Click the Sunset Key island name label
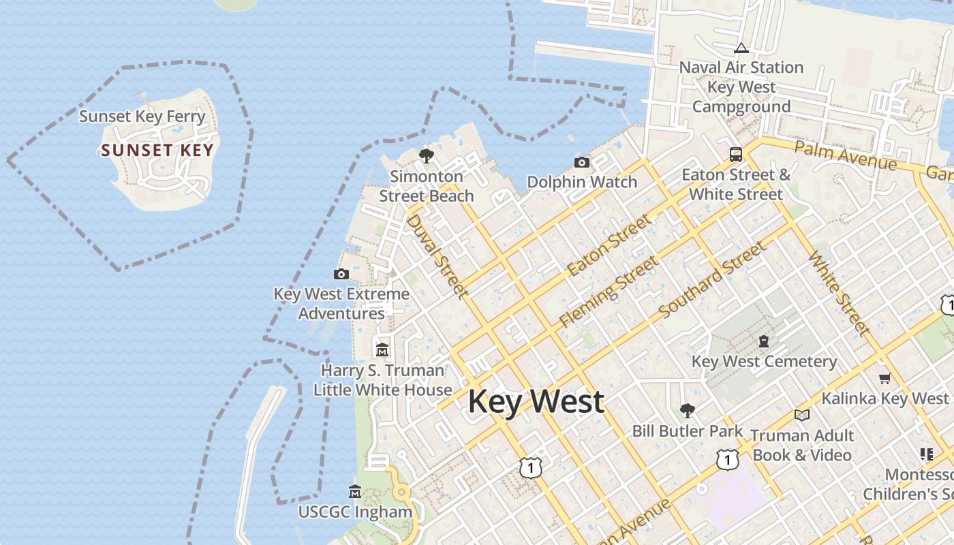pyautogui.click(x=157, y=151)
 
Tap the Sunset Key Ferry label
pyautogui.click(x=142, y=116)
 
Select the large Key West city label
pyautogui.click(x=536, y=401)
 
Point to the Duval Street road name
pyautogui.click(x=437, y=256)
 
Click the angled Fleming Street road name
pyautogui.click(x=609, y=292)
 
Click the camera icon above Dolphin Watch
pyautogui.click(x=581, y=162)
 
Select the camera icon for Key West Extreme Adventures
pyautogui.click(x=341, y=274)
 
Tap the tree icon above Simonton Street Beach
pyautogui.click(x=427, y=156)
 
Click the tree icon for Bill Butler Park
pyautogui.click(x=687, y=410)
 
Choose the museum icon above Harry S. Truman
pyautogui.click(x=382, y=350)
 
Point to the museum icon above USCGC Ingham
pyautogui.click(x=355, y=491)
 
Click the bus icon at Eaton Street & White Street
pyautogui.click(x=736, y=154)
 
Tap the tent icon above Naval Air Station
pyautogui.click(x=741, y=48)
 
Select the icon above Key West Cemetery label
pyautogui.click(x=764, y=341)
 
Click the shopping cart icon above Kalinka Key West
pyautogui.click(x=884, y=378)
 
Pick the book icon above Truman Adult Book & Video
pyautogui.click(x=802, y=415)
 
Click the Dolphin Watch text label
pyautogui.click(x=582, y=182)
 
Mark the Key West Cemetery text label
pyautogui.click(x=764, y=361)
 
